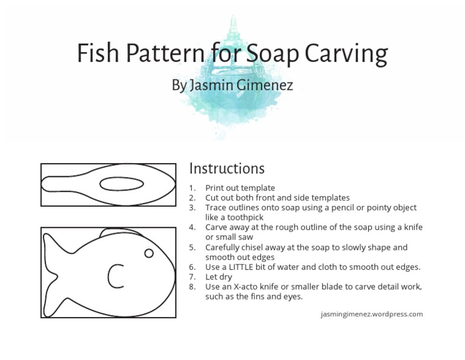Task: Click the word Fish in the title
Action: coord(97,54)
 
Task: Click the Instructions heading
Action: coord(227,168)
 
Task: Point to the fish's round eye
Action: coord(148,253)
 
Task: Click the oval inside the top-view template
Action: coord(121,184)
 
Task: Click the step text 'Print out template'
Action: coord(240,188)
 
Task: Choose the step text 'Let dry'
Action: coord(219,277)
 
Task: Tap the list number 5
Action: coord(192,247)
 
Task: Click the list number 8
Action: coord(192,287)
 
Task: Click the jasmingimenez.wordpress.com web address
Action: coord(372,314)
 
